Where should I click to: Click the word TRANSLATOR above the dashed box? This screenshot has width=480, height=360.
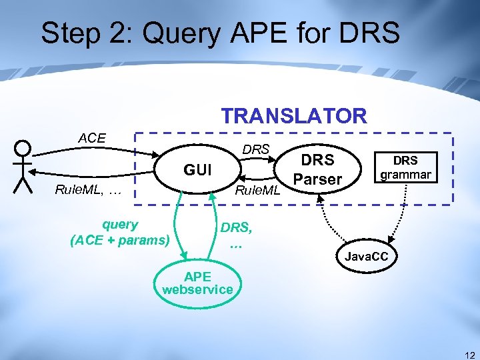tap(294, 116)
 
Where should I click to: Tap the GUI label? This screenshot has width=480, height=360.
tap(197, 171)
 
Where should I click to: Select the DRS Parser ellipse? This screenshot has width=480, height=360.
tap(317, 170)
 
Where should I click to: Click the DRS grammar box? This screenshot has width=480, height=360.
tap(405, 168)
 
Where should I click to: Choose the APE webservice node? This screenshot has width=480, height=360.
tap(197, 283)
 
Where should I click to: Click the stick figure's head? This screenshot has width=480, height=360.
tap(23, 149)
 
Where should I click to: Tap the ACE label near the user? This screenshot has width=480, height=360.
tap(92, 138)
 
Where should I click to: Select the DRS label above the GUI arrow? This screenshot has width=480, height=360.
tap(256, 149)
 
